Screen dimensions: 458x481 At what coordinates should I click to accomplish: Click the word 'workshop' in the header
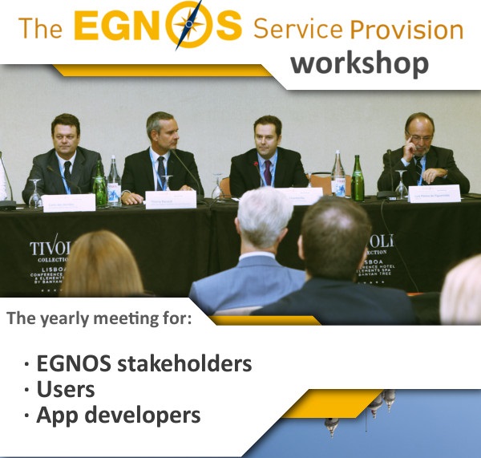coord(359,63)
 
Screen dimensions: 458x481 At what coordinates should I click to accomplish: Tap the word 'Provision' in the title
coord(407,30)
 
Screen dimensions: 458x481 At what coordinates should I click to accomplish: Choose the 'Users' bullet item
coord(65,389)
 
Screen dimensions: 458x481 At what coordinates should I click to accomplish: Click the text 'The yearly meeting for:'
coord(99,318)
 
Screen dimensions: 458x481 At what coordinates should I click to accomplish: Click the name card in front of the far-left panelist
coord(69,202)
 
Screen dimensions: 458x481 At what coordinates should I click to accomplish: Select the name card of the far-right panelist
coord(434,193)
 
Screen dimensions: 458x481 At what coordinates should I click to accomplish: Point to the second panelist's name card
coord(171,199)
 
